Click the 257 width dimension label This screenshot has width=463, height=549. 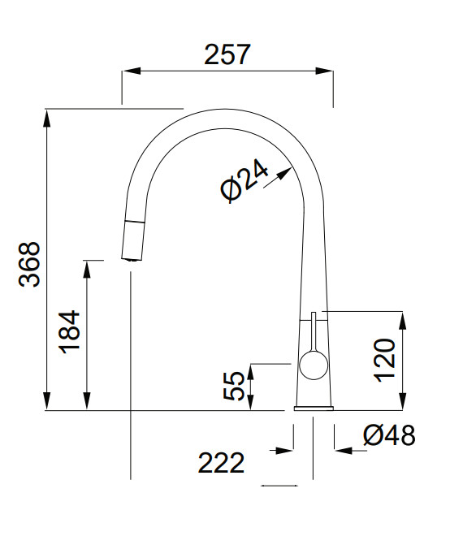[x=227, y=54]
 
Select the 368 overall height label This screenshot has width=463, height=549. [x=30, y=265]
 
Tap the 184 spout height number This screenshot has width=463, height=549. [x=69, y=332]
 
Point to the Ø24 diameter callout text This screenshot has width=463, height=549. [x=244, y=180]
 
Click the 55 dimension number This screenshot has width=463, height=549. [x=234, y=386]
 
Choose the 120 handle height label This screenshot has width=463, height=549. [x=385, y=361]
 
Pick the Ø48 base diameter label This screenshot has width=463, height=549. [x=389, y=435]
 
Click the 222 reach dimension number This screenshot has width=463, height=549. [x=221, y=463]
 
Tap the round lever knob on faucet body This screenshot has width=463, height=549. [x=314, y=365]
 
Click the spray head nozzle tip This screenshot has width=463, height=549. [x=132, y=259]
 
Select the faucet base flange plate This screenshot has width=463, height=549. [x=314, y=408]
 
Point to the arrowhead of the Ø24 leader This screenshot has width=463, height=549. [x=284, y=172]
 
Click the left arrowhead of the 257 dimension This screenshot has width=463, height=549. [x=132, y=71]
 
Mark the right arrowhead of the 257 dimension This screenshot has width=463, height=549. [x=324, y=71]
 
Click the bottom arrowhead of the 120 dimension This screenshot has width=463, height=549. [x=402, y=401]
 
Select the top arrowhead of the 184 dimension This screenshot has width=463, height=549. [x=87, y=270]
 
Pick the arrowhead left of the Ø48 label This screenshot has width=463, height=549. [x=344, y=451]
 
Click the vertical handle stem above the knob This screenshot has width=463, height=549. [x=314, y=331]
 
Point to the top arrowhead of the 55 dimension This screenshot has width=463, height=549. [x=250, y=372]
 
